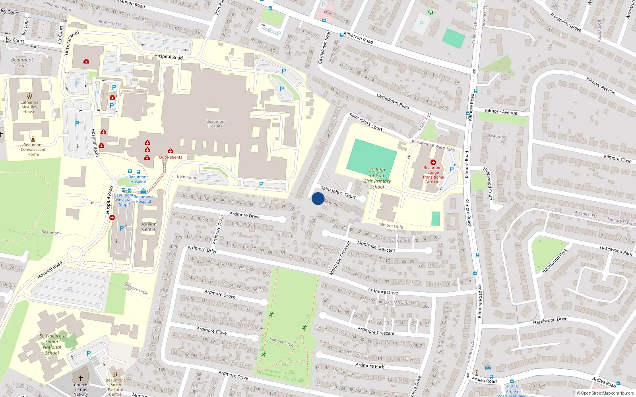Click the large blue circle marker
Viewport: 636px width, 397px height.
click(x=318, y=198)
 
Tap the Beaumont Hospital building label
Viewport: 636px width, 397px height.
click(x=216, y=124)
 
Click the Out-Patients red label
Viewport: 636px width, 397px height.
click(x=171, y=157)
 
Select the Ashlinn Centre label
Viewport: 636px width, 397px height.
click(x=149, y=227)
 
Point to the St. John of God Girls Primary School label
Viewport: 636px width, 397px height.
click(x=377, y=178)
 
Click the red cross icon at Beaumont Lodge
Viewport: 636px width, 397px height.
click(x=433, y=162)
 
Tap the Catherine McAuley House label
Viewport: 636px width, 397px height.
click(x=29, y=107)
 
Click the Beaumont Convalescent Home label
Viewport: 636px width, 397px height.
click(x=33, y=149)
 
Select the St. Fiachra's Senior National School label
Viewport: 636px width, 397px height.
click(x=52, y=344)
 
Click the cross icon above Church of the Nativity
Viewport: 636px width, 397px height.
click(x=81, y=378)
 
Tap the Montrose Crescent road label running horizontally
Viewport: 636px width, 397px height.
click(x=376, y=247)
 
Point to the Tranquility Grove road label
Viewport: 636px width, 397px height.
click(x=566, y=22)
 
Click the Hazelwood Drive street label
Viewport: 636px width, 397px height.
click(x=550, y=320)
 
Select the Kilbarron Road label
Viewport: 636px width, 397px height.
click(x=358, y=38)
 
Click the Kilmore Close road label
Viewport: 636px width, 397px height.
click(x=617, y=159)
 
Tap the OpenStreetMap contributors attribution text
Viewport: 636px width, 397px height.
click(x=605, y=393)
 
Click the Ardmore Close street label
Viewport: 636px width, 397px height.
click(x=211, y=331)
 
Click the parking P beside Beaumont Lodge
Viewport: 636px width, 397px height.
click(x=451, y=169)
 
